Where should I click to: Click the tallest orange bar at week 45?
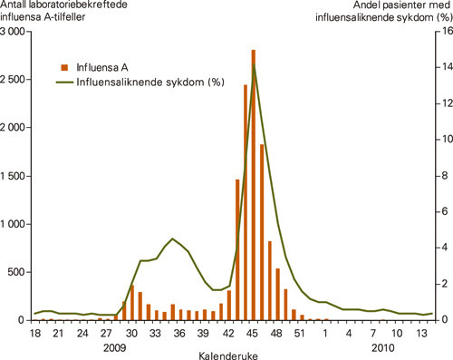point(253,172)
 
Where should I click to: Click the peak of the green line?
point(254,67)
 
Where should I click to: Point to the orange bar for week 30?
point(131,303)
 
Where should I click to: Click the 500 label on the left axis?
point(21,271)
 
